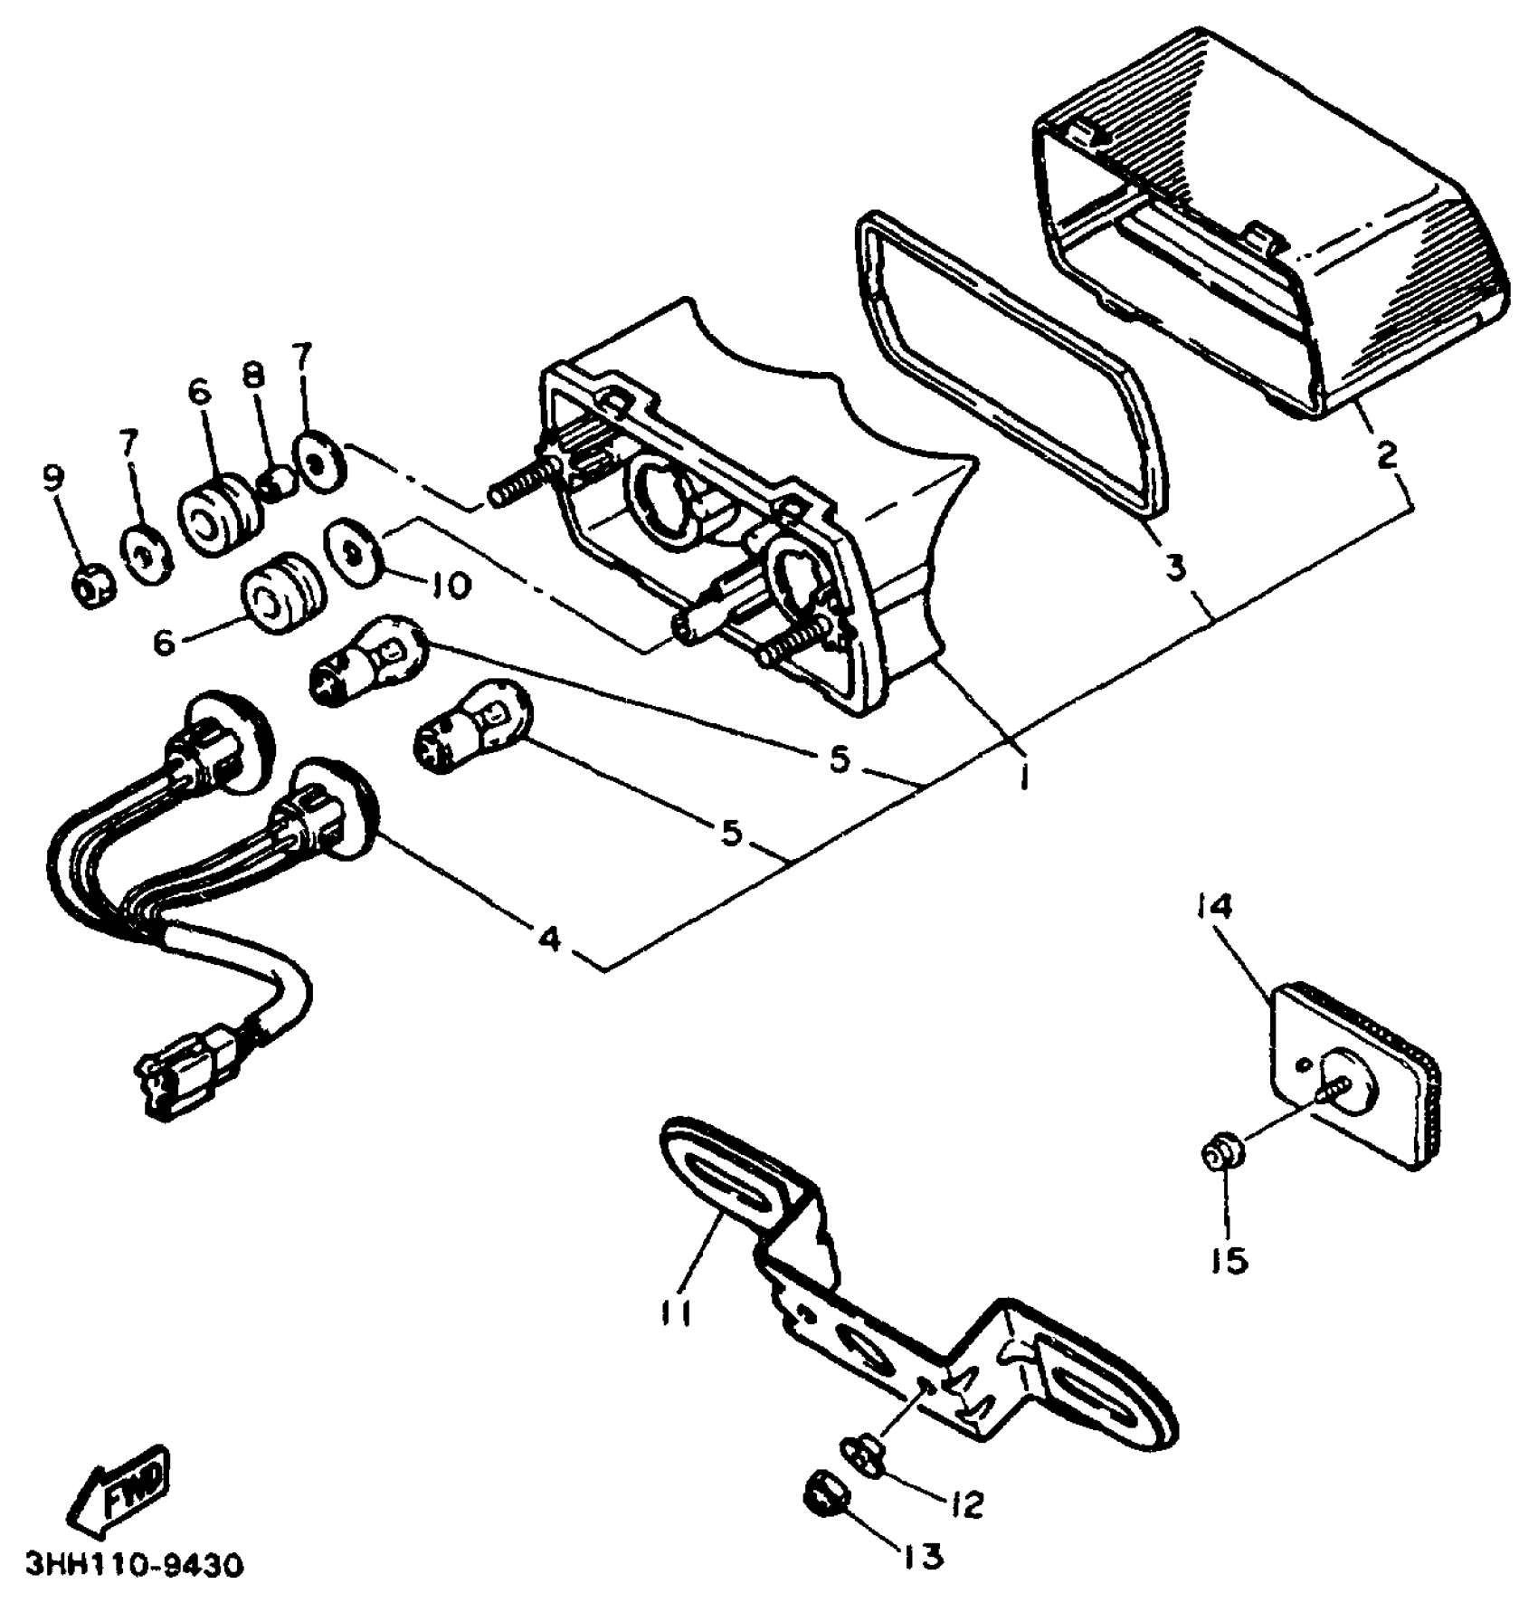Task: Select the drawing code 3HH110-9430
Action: [135, 1565]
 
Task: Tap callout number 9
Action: [55, 478]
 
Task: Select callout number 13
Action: [921, 1556]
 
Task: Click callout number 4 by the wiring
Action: [549, 939]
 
